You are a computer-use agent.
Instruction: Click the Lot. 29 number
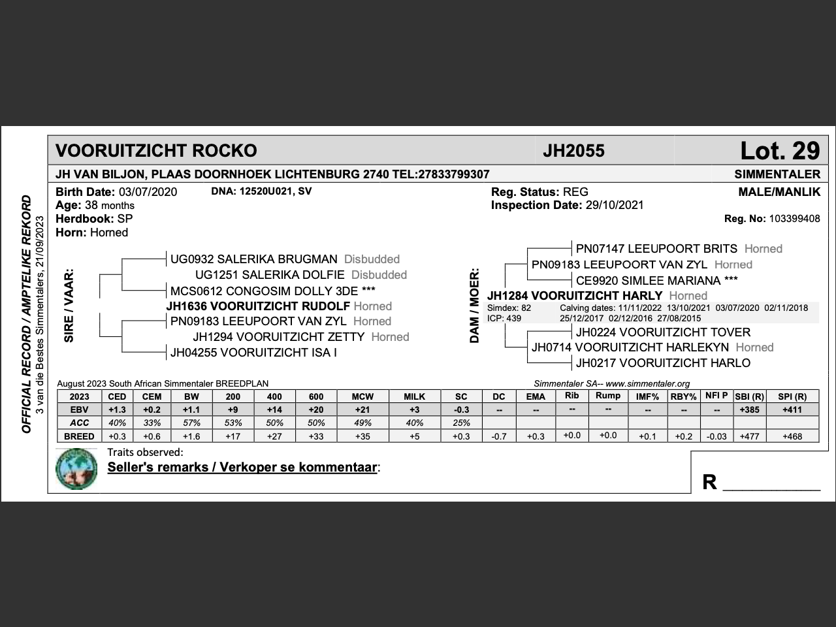point(779,151)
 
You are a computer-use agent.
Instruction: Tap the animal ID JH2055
point(573,151)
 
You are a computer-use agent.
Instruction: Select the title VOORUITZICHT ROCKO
point(156,151)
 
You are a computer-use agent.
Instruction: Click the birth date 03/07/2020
point(148,192)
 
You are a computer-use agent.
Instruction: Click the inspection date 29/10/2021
point(613,205)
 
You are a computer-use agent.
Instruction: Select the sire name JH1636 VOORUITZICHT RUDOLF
point(258,306)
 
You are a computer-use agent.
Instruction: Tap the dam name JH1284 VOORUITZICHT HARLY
point(575,296)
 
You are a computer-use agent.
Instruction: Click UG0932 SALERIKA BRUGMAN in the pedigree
point(254,259)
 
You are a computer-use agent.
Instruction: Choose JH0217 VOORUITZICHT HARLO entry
point(663,363)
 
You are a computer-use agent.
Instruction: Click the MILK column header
point(414,396)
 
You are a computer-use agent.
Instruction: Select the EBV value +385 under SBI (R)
point(749,410)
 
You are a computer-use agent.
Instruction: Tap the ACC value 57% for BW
point(191,423)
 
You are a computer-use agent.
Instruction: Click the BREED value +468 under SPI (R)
point(792,436)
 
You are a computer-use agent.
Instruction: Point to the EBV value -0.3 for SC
point(461,410)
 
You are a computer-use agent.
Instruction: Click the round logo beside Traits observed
point(76,469)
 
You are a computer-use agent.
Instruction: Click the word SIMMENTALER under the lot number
point(777,174)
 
